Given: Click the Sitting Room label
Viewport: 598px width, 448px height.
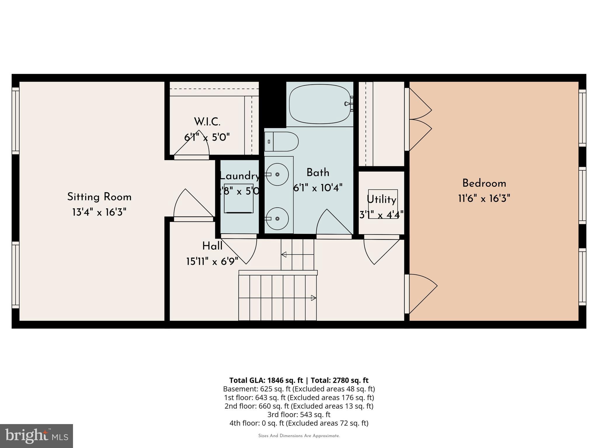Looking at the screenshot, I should click(99, 197).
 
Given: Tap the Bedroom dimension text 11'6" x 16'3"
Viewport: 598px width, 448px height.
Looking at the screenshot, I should click(484, 199).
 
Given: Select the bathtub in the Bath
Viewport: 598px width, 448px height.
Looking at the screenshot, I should click(320, 104).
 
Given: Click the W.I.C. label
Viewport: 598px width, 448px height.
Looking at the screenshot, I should click(207, 122).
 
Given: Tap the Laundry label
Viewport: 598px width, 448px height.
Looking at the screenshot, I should click(239, 176).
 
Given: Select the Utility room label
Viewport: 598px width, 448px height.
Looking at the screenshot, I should click(381, 199).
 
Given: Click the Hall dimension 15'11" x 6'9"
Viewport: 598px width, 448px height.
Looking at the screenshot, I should click(212, 261).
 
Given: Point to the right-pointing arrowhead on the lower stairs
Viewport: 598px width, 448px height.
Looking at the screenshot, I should click(313, 298).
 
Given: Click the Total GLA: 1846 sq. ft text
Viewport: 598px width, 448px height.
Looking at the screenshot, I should click(266, 380).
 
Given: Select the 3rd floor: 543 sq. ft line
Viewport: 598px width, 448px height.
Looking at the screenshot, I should click(299, 414).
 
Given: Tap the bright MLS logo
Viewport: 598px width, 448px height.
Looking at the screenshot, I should click(36, 436).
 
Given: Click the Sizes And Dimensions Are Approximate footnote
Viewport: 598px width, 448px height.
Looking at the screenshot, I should click(299, 436).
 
